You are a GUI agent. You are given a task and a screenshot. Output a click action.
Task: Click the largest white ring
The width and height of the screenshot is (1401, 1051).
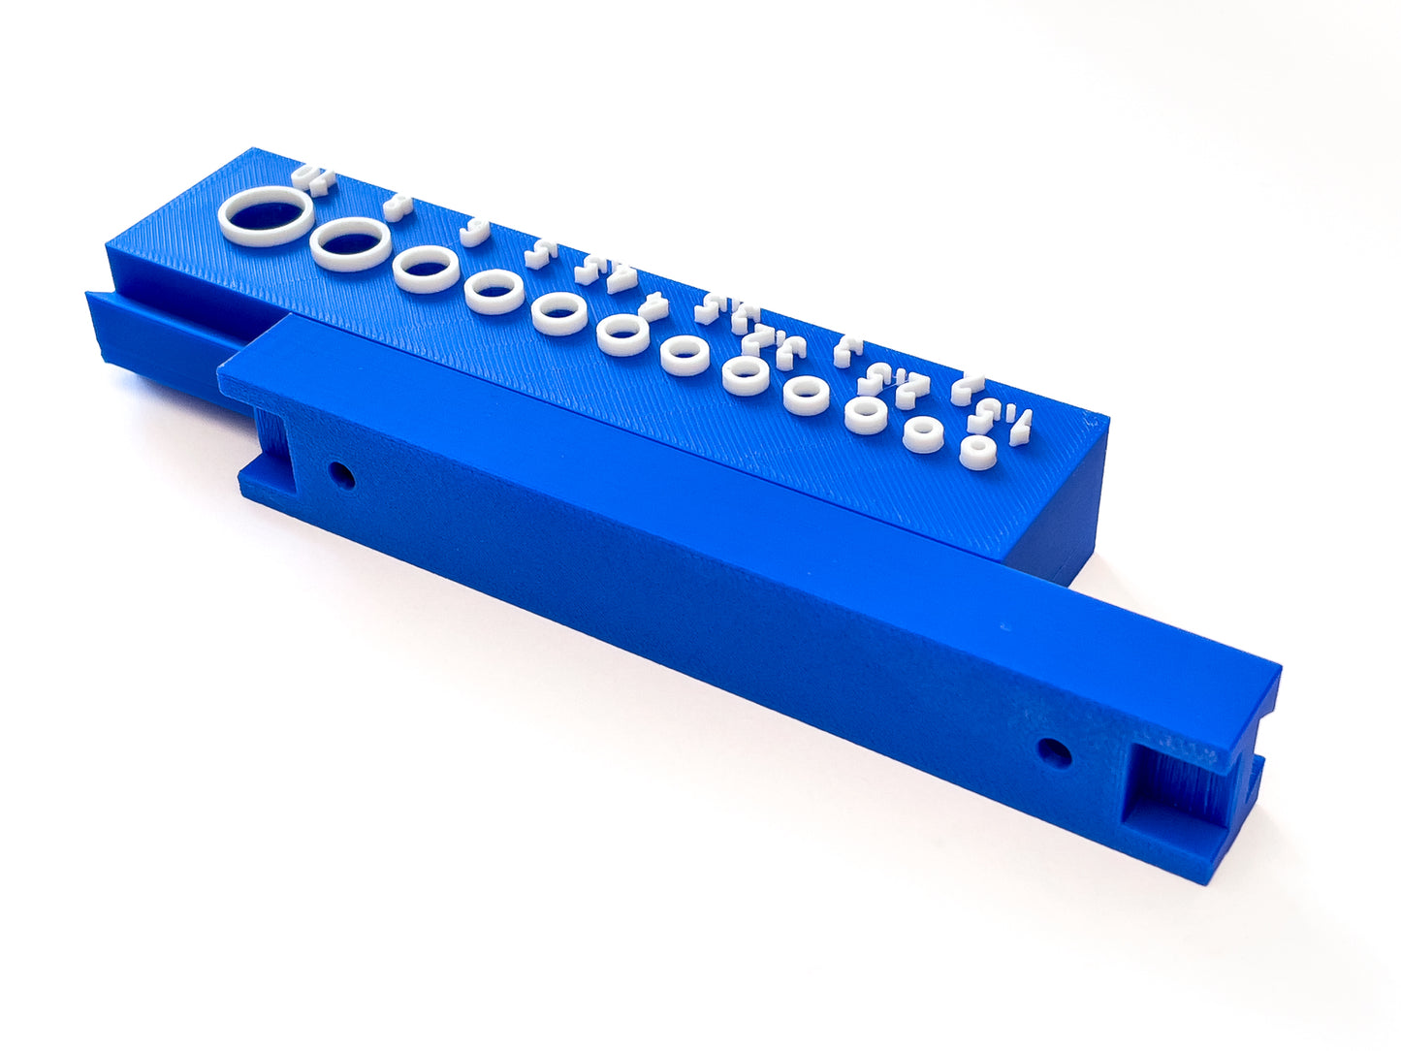(266, 217)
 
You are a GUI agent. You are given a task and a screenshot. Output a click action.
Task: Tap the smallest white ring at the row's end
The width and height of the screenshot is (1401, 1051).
(977, 452)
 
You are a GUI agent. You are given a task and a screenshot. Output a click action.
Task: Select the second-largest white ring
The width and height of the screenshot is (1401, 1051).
(351, 243)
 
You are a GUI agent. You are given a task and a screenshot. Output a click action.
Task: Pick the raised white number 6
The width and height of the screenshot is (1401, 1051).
(472, 233)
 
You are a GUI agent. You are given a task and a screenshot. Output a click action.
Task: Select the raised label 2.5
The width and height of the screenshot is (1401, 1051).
(896, 382)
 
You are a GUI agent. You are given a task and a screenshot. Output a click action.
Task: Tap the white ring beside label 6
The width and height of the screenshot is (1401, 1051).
(426, 269)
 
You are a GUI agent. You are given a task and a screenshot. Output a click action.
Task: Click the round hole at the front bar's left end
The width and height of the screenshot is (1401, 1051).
(340, 475)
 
